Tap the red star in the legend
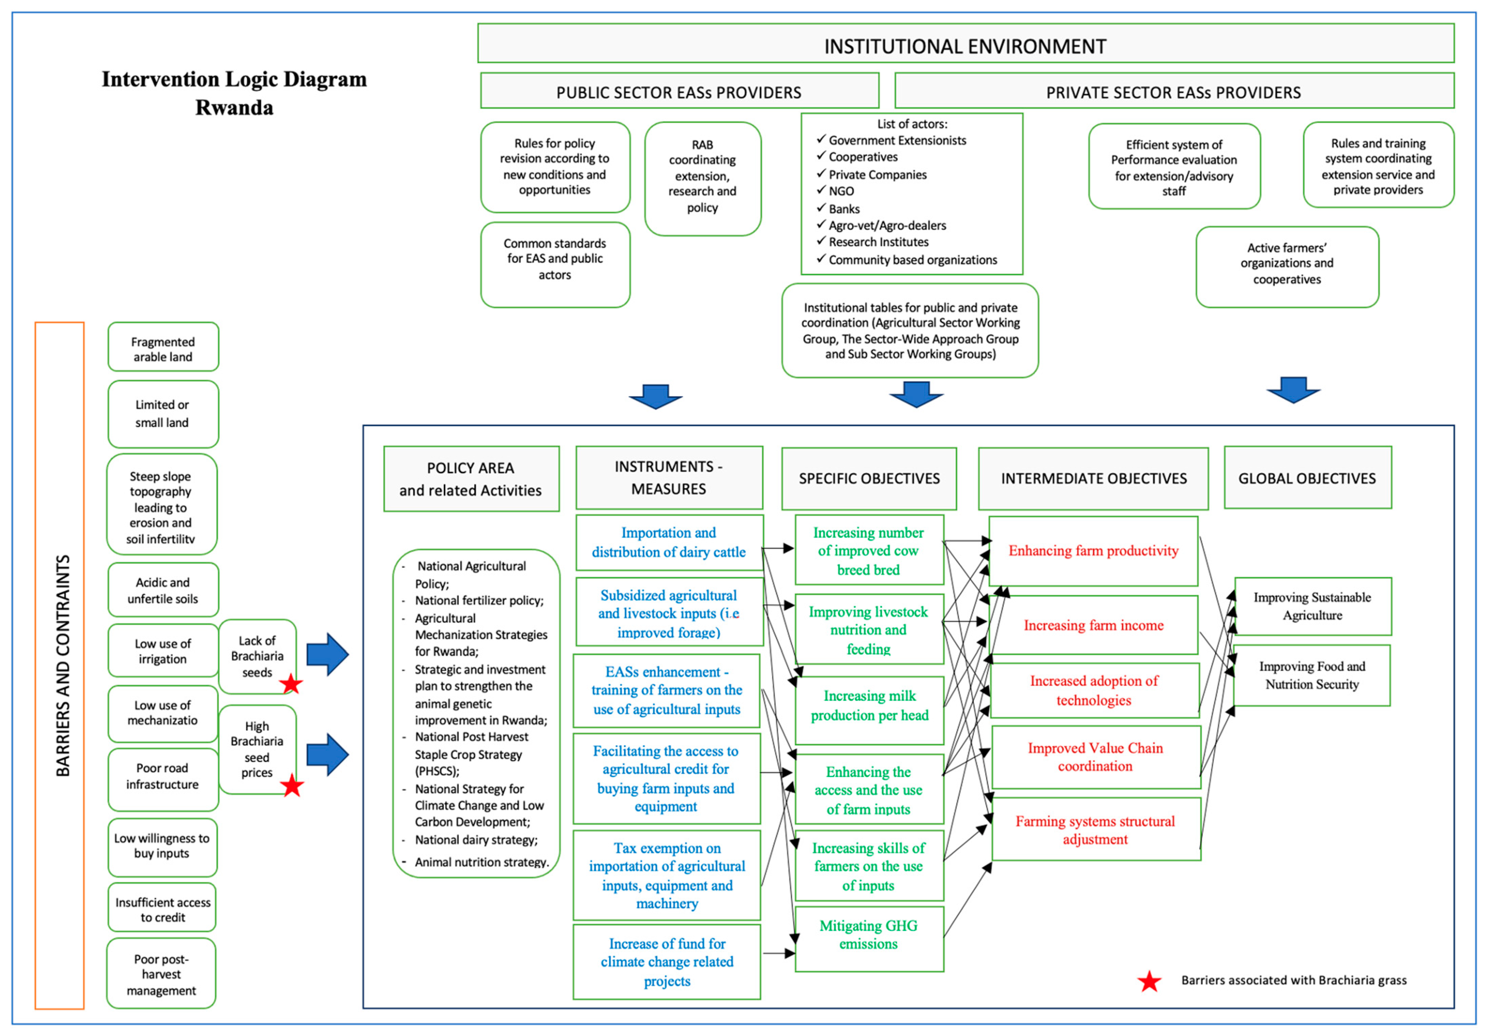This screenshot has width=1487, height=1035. click(x=1150, y=981)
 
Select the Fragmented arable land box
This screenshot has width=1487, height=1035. click(x=163, y=347)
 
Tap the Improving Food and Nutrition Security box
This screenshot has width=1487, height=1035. click(x=1312, y=675)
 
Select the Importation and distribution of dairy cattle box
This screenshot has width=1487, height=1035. click(x=669, y=543)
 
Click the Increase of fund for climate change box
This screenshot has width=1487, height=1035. click(x=667, y=962)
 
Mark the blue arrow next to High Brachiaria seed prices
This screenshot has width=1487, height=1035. click(x=328, y=755)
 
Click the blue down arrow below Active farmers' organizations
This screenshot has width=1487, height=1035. click(x=1293, y=390)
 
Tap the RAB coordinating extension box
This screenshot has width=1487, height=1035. click(x=703, y=179)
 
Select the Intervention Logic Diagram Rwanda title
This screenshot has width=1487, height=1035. click(x=234, y=93)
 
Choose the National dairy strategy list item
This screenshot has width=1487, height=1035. click(x=476, y=840)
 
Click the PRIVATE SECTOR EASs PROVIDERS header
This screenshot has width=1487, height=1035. click(x=1173, y=92)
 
